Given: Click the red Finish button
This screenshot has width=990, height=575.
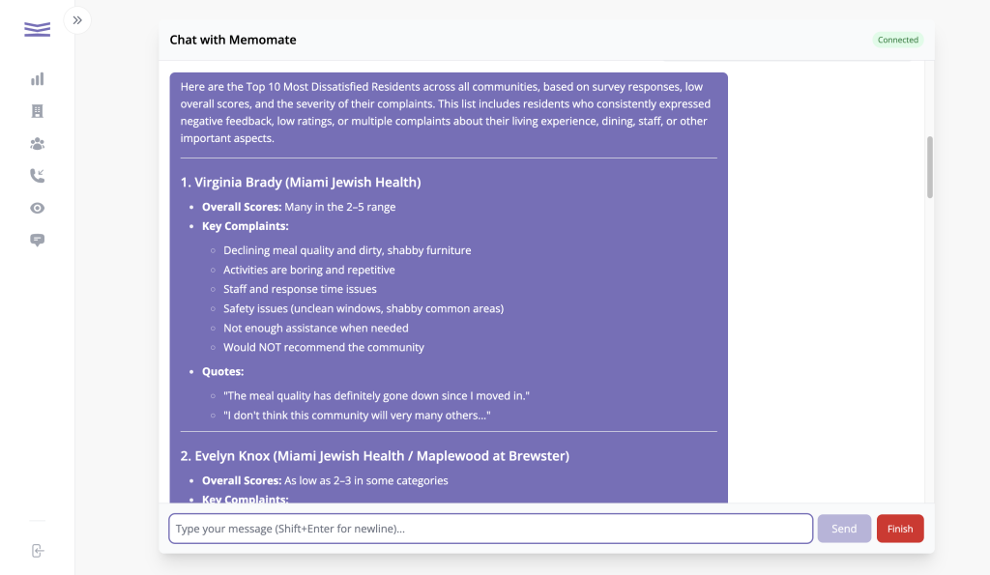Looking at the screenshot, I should [900, 529].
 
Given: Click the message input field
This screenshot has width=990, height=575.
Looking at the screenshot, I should [490, 529].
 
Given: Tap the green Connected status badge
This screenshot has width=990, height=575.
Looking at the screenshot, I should [898, 40].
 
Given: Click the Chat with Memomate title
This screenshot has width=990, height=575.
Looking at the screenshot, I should [233, 40].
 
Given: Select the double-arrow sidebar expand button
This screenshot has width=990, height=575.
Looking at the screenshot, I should [77, 19].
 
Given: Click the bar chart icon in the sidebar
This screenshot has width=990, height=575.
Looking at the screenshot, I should [38, 79].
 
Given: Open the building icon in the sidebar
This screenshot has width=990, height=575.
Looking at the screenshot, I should [38, 111].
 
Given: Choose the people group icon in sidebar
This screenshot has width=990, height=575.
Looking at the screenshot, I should [38, 144].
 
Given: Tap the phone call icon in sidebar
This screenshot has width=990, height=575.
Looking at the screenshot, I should [38, 176].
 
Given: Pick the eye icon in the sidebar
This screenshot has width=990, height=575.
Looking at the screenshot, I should [38, 208].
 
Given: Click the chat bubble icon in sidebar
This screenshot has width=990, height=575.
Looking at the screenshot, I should [38, 240].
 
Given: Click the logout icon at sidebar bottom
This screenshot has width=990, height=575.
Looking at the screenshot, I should [38, 551].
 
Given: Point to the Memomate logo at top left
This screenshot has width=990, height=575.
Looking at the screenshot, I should [38, 29].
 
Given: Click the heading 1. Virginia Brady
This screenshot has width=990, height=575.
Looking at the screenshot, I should [301, 182].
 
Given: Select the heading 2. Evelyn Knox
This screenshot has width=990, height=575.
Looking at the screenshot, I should [375, 455].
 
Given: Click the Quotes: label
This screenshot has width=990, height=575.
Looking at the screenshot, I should [222, 371].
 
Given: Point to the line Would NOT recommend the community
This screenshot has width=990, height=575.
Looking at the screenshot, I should [324, 347].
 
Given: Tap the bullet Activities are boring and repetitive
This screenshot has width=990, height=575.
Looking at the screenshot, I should [309, 270].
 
